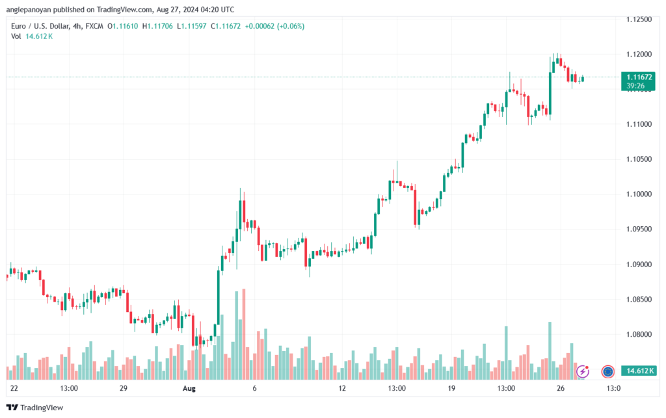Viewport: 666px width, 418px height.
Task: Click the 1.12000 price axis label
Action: click(639, 55)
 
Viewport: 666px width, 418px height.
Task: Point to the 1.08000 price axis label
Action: click(639, 334)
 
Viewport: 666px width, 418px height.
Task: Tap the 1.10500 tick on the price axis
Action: click(639, 159)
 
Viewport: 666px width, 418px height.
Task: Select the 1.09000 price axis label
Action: click(639, 265)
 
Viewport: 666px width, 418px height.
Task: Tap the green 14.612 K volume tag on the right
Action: click(638, 371)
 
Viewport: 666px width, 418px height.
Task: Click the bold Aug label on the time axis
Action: click(189, 388)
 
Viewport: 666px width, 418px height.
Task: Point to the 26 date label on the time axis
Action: click(561, 388)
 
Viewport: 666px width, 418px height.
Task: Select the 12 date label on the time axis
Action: click(342, 388)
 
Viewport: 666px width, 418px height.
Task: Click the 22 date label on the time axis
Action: click(14, 388)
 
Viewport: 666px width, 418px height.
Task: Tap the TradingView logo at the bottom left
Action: click(35, 408)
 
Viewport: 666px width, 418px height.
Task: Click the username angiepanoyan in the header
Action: click(29, 10)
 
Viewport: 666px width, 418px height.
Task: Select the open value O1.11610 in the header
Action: click(123, 26)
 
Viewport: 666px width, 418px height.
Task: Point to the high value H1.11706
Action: click(157, 26)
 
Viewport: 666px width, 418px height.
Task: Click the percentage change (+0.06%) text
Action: click(291, 26)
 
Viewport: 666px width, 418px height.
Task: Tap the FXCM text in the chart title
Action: click(94, 26)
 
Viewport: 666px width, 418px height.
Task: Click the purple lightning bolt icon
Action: click(583, 372)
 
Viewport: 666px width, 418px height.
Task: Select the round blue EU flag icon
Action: click(608, 372)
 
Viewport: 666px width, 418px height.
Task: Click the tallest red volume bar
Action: click(244, 334)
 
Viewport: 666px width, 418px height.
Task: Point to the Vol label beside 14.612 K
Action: click(16, 36)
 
